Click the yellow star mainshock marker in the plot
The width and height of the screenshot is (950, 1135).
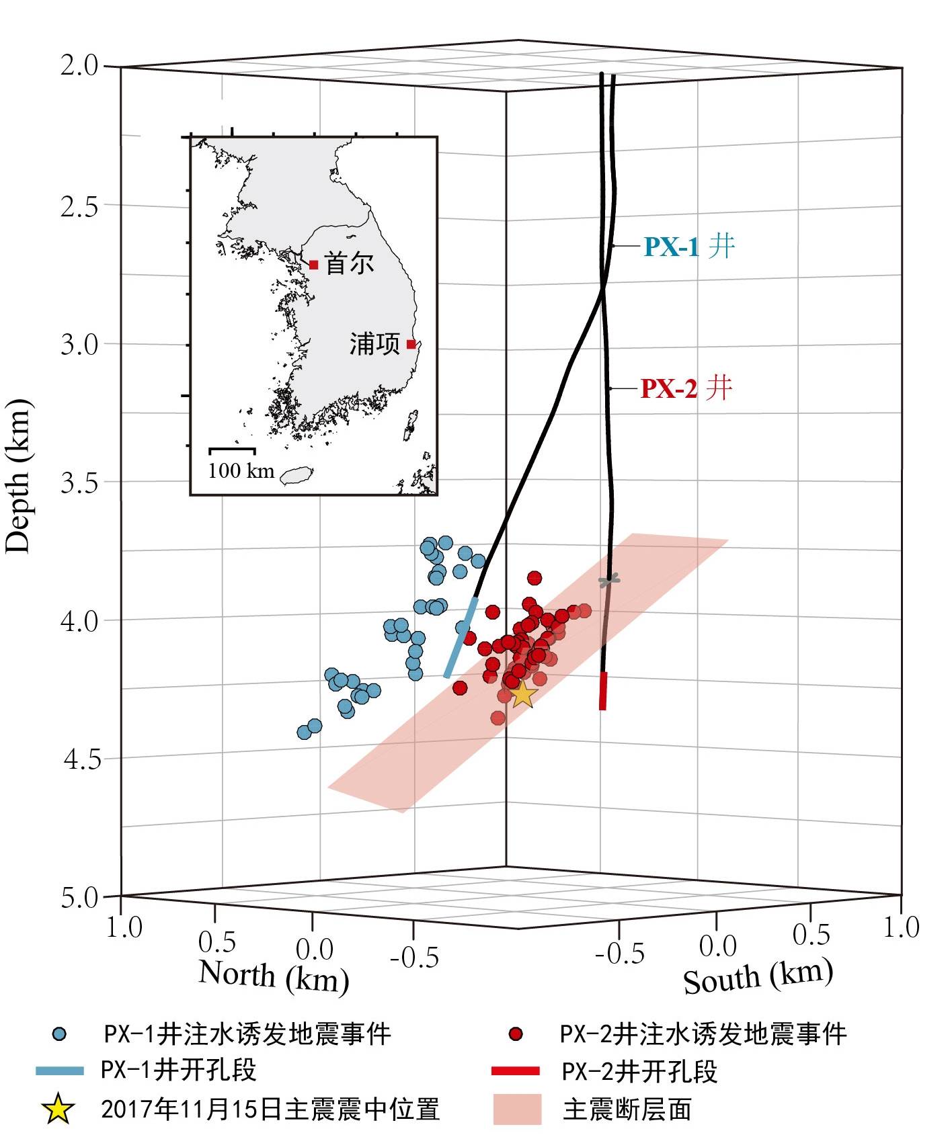click(x=522, y=693)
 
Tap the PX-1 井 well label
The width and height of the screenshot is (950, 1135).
click(x=689, y=247)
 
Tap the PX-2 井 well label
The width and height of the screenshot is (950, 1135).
click(x=686, y=388)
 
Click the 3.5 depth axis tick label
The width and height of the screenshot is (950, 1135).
click(x=79, y=482)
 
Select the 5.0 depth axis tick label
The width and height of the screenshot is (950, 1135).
click(x=79, y=898)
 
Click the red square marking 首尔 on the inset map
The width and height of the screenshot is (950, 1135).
click(x=313, y=265)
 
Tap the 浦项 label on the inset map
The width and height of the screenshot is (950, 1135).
click(x=374, y=344)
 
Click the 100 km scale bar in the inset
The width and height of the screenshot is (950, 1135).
click(x=232, y=449)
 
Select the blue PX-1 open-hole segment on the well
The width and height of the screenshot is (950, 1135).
click(x=461, y=637)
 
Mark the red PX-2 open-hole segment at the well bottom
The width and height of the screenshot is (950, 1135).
click(x=603, y=690)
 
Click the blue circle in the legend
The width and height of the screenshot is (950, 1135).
click(x=61, y=1034)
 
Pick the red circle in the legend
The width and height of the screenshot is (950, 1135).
click(x=516, y=1034)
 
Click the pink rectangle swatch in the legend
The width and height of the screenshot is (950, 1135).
click(x=517, y=1109)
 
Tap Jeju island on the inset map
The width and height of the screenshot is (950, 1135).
click(x=296, y=475)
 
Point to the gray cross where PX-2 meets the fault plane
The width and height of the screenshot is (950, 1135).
click(x=609, y=581)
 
